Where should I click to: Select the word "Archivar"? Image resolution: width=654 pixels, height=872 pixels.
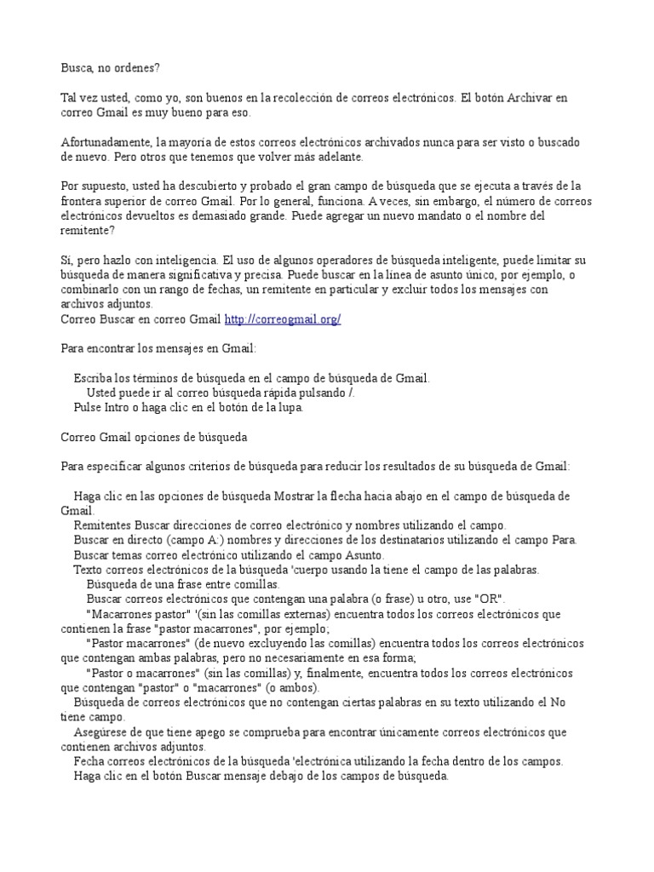(531, 98)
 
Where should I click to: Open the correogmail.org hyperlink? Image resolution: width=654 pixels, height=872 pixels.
(283, 318)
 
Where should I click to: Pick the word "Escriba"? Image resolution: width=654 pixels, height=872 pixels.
(93, 377)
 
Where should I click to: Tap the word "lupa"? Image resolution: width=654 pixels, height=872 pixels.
(289, 407)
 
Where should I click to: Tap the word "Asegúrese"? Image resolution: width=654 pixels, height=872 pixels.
(103, 731)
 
